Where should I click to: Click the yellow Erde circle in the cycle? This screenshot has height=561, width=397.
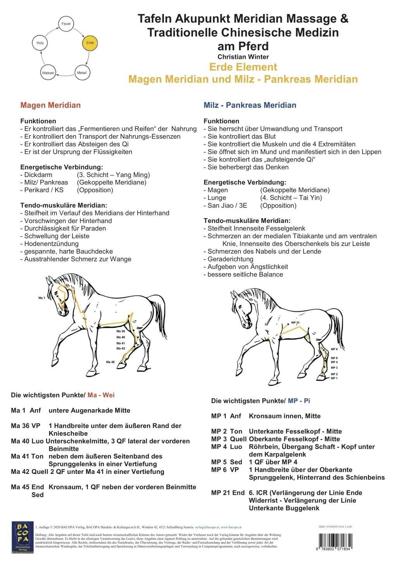[x=90, y=43]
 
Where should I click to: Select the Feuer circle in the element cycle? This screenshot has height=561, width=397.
[x=66, y=24]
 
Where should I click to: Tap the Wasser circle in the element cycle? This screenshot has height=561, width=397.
[x=48, y=73]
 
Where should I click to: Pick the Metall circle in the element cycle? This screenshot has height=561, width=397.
[x=82, y=73]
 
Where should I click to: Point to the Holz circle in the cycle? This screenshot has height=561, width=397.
[x=40, y=43]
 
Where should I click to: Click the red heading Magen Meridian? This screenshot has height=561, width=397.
[x=50, y=105]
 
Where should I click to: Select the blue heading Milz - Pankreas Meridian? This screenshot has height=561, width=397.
[x=250, y=105]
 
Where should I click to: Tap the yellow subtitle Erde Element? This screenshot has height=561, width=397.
[x=243, y=67]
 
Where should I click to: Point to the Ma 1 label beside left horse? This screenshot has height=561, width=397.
[x=42, y=298]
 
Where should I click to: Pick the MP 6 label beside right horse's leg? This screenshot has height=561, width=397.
[x=334, y=349]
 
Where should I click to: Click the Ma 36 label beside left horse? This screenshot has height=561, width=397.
[x=120, y=332]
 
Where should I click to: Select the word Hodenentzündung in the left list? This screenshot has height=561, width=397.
[x=49, y=244]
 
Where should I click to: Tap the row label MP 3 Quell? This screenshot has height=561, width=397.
[x=227, y=439]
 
